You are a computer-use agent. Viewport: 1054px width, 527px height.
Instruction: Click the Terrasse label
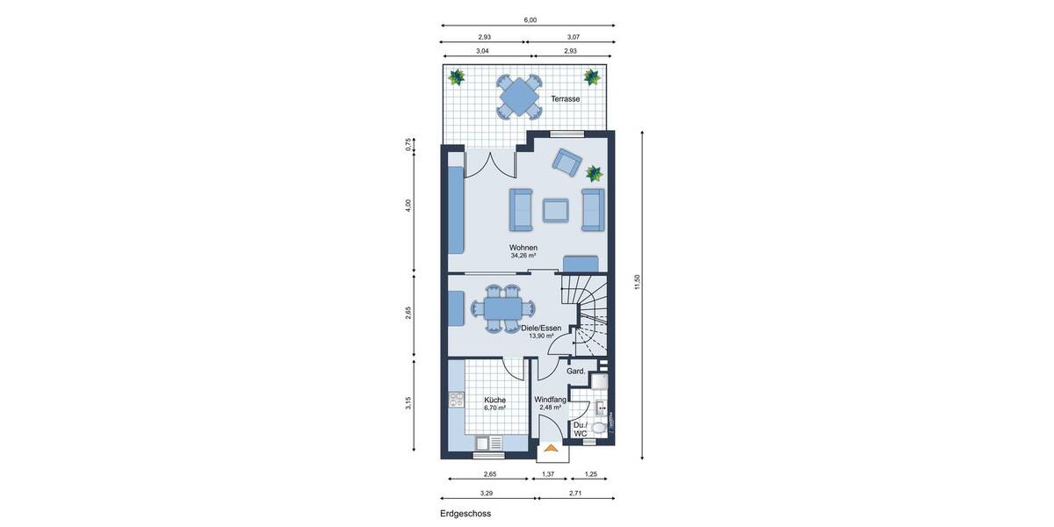[x=565, y=99]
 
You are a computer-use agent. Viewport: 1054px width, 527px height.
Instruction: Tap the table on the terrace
[x=519, y=95]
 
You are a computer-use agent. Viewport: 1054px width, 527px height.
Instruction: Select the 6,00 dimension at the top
[x=530, y=19]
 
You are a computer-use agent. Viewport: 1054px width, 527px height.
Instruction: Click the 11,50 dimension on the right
[x=639, y=282]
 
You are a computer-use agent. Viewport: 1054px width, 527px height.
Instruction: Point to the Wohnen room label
[x=523, y=248]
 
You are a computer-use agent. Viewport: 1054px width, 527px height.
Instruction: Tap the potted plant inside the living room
[x=595, y=173]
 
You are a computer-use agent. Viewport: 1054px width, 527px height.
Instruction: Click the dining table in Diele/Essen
[x=502, y=308]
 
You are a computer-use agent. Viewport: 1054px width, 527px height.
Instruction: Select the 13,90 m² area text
[x=540, y=336]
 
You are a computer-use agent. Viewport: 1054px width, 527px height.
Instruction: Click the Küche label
[x=495, y=400]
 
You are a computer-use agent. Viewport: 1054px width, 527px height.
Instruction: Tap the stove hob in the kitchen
[x=456, y=400]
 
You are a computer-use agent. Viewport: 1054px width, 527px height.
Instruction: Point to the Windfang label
[x=550, y=400]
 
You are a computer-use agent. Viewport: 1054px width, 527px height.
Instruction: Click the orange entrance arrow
[x=551, y=450]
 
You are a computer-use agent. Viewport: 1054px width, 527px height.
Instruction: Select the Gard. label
[x=576, y=372]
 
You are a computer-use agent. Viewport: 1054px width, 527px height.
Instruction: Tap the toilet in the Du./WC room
[x=599, y=428]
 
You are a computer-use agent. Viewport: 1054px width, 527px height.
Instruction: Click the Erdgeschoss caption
[x=466, y=514]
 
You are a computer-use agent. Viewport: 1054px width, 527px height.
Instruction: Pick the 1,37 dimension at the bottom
[x=549, y=473]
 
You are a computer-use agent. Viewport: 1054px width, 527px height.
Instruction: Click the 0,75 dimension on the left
[x=408, y=145]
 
